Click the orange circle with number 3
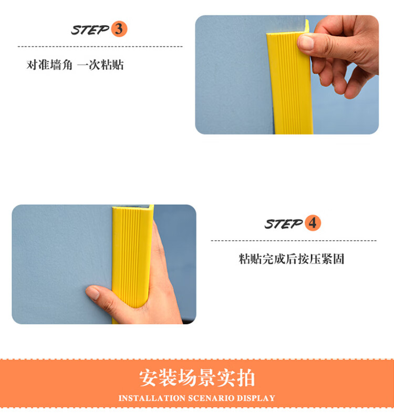point(119,29)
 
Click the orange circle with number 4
point(313,223)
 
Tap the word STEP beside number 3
point(90,30)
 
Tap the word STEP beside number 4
point(284,224)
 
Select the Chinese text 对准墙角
point(49,65)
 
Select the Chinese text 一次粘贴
point(100,65)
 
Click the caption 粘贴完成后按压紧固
point(292,259)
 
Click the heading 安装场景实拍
point(197,378)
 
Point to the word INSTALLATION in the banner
point(152,398)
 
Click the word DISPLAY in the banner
point(256,398)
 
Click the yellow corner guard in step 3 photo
point(290,83)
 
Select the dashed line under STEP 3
point(100,46)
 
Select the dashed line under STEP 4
point(294,240)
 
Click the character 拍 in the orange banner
point(246,378)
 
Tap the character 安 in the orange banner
point(148,378)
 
